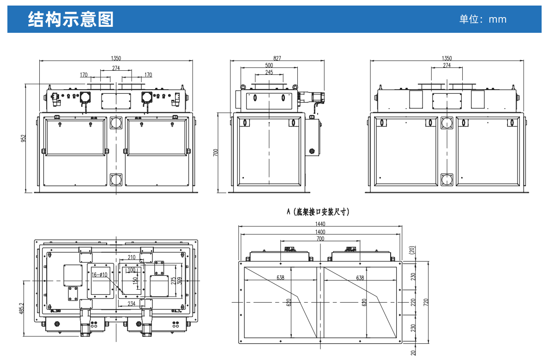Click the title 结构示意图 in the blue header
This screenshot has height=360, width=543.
[x=71, y=19]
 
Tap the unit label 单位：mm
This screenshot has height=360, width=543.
[x=483, y=19]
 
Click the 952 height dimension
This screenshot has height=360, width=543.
[x=23, y=138]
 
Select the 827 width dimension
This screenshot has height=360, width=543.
[x=277, y=58]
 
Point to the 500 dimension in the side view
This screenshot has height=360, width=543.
[x=269, y=65]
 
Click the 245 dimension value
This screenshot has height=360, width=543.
[x=269, y=72]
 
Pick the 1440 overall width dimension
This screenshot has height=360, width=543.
[x=320, y=224]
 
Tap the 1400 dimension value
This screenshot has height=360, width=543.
[x=320, y=232]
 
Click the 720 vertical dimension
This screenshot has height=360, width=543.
[x=426, y=302]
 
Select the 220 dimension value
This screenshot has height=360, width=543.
[x=414, y=302]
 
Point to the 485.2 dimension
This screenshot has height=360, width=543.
[x=22, y=308]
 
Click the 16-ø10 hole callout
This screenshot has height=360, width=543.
[x=99, y=275]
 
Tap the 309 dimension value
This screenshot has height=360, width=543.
[x=180, y=280]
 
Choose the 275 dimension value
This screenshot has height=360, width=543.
[x=173, y=280]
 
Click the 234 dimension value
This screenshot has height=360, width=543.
[x=132, y=304]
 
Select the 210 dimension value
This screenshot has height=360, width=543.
[x=132, y=257]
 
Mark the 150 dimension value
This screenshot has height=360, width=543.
[x=135, y=281]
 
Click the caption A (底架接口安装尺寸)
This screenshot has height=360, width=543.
[x=318, y=212]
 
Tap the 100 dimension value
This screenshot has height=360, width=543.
[x=131, y=270]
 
